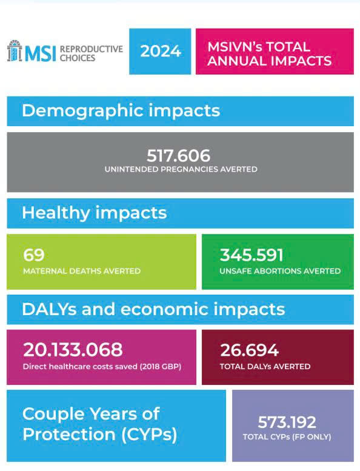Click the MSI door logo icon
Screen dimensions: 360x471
[x=15, y=51]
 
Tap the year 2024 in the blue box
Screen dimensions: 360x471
[x=161, y=51]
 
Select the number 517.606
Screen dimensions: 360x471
[x=179, y=156]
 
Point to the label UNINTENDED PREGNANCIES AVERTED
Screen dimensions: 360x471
[x=181, y=169]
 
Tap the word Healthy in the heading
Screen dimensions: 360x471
[x=56, y=213]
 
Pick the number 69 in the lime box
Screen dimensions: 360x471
[x=33, y=255]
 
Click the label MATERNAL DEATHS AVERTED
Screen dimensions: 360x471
[x=82, y=271]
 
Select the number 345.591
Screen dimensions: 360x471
[x=252, y=255]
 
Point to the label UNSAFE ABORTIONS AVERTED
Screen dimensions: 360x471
[x=280, y=271]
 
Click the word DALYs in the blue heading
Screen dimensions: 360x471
[x=49, y=309]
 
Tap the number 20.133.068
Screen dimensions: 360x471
[x=73, y=350]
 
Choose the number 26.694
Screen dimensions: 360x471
[x=250, y=350]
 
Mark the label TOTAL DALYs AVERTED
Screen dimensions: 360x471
[x=265, y=367]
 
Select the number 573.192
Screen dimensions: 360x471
[x=287, y=422]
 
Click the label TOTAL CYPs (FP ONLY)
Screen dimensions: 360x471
[x=287, y=437]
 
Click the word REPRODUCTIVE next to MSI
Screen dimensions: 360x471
[x=92, y=49]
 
